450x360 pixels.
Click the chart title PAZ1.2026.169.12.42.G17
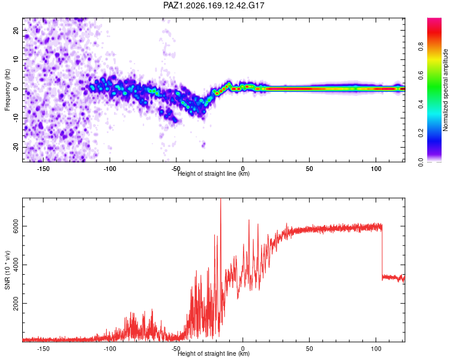tap(214, 5)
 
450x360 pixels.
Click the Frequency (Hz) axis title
tap(7, 90)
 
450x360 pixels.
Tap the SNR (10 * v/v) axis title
tap(7, 270)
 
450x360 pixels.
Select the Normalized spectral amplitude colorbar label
tap(445, 90)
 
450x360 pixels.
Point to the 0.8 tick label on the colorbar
tap(421, 47)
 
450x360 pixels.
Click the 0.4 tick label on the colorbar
tap(421, 104)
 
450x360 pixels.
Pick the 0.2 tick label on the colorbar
tap(421, 133)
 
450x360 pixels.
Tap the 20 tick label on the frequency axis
tap(16, 30)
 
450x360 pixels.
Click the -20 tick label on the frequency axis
tap(16, 147)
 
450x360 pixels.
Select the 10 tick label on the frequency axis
tap(16, 59)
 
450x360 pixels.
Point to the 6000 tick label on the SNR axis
tap(16, 226)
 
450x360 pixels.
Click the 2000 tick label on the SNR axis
tap(16, 304)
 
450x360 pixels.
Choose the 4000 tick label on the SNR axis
tap(16, 265)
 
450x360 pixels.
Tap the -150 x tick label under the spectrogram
tap(43, 169)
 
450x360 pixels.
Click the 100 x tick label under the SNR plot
tap(376, 349)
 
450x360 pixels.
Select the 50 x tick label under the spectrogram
tap(310, 169)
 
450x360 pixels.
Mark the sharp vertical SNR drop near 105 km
tap(382, 253)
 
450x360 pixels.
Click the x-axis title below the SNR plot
tap(214, 353)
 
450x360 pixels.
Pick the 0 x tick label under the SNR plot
tap(243, 349)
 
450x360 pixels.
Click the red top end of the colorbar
tap(434, 22)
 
